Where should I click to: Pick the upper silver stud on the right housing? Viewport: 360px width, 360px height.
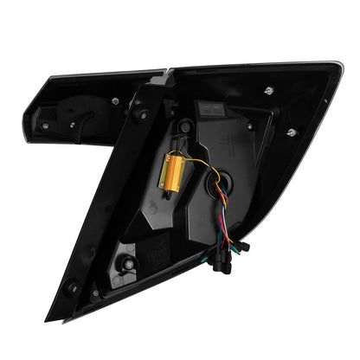pos(269,91)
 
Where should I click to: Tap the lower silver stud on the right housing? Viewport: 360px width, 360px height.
pos(292,132)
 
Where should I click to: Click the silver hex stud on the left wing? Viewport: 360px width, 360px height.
pos(114,100)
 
